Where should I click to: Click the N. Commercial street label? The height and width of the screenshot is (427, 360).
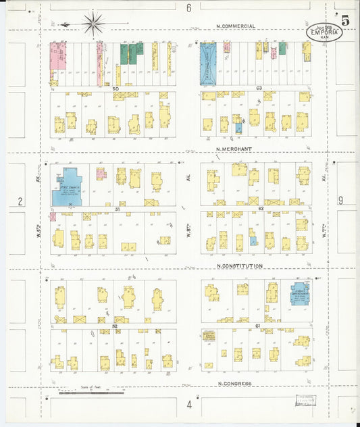coord(236,26)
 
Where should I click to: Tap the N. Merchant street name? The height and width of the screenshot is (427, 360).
coord(234,149)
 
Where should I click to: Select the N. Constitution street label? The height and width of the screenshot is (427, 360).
coord(239,266)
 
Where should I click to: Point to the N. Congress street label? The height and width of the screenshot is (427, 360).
coord(235,383)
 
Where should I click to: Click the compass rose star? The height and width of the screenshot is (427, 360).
coord(93,23)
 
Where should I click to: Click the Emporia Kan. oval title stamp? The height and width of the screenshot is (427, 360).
coord(324,32)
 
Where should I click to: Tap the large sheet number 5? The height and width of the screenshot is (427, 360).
coord(345,20)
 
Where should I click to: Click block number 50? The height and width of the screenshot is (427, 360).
coord(115,89)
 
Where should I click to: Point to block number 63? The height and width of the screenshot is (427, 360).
coord(259,89)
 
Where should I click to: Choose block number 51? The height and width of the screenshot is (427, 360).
coord(118,209)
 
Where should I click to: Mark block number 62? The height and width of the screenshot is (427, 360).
coord(259,209)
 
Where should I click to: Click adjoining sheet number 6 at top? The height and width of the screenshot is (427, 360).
coord(189,8)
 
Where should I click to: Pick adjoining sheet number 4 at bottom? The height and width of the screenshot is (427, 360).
coord(189,405)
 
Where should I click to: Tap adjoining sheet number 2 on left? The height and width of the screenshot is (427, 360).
coord(20,201)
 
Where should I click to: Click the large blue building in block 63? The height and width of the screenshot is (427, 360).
coord(209,64)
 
